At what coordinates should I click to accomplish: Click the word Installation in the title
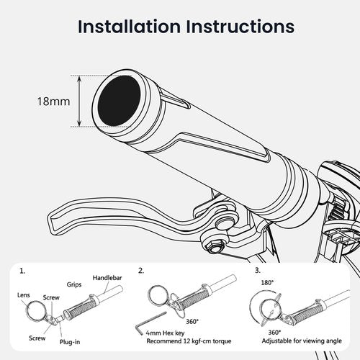tap(130, 26)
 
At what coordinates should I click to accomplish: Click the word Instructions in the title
tap(240, 26)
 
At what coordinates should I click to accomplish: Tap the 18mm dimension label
tap(53, 102)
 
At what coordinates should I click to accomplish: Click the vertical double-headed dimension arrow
tap(79, 101)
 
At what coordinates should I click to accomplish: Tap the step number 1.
tap(22, 271)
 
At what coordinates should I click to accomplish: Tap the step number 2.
tap(141, 271)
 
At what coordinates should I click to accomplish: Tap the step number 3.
tap(258, 271)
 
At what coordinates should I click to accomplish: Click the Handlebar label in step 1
tap(107, 278)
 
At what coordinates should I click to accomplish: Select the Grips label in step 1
tap(74, 285)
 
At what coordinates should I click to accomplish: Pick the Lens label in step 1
tap(24, 295)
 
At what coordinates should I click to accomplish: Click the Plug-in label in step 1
tap(70, 342)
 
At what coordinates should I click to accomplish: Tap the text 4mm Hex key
tap(166, 333)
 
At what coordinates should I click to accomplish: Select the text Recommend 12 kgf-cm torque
tap(189, 341)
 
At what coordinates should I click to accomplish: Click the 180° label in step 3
tap(267, 283)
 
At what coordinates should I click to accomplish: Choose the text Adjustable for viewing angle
tap(302, 341)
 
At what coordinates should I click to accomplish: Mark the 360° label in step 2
tap(192, 322)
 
